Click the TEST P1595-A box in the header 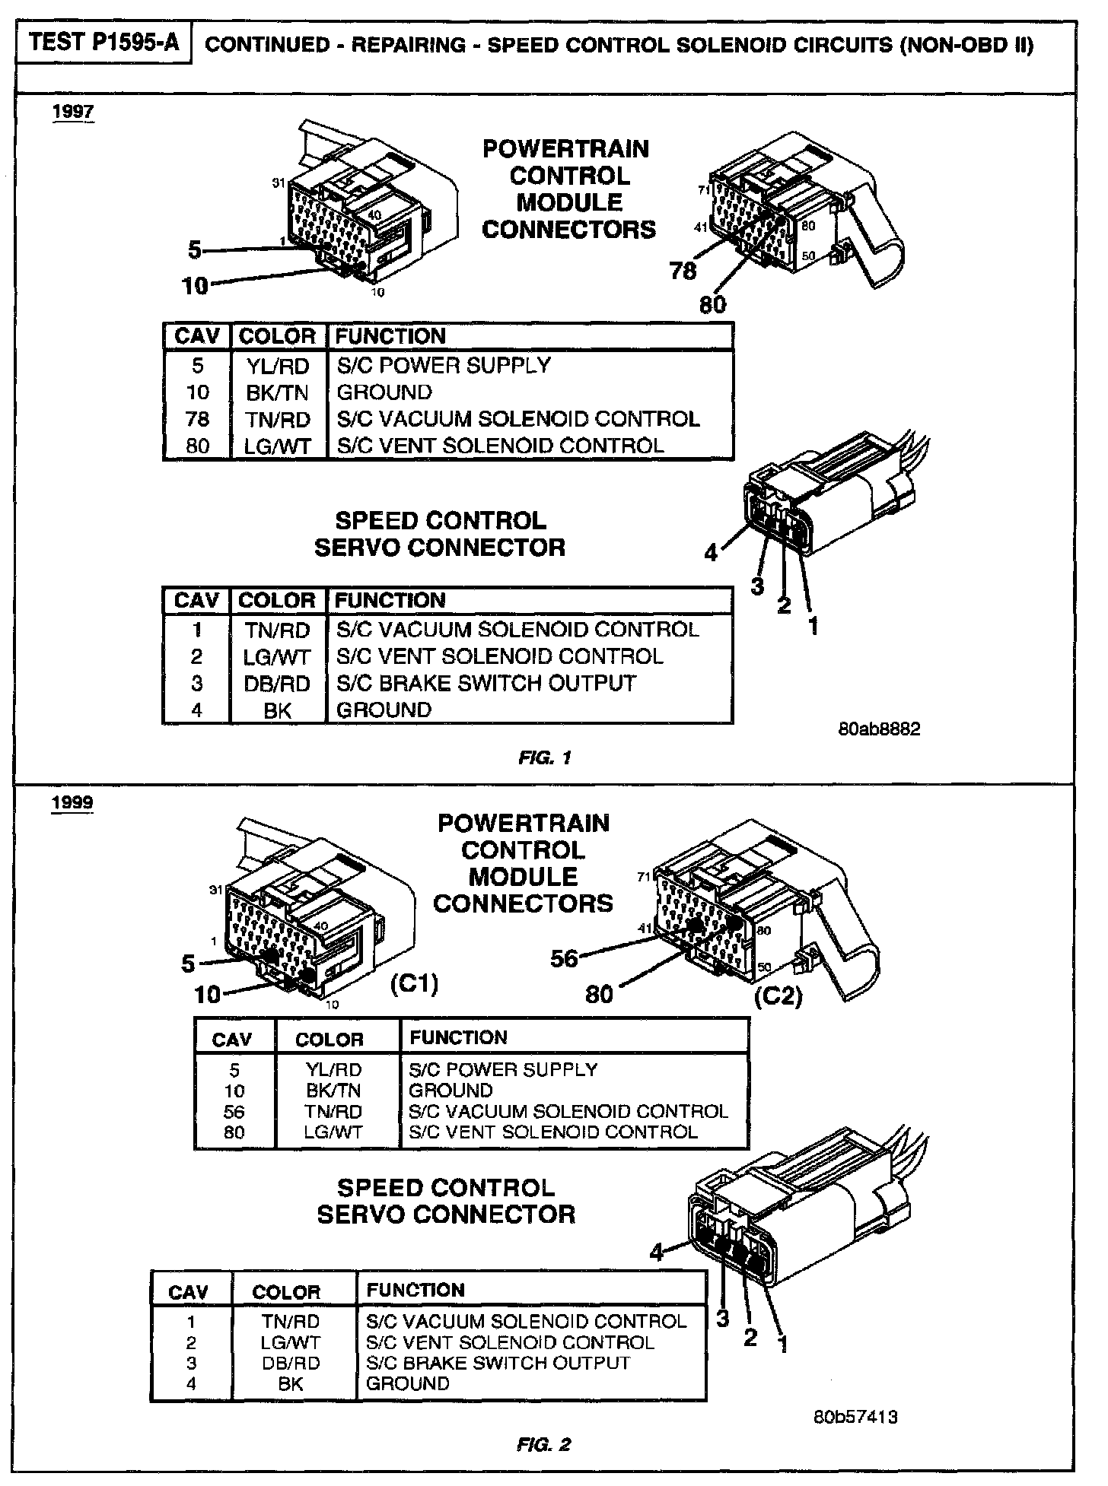click(105, 43)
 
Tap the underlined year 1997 click(73, 112)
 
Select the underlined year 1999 click(73, 803)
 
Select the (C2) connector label click(778, 995)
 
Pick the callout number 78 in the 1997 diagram click(683, 271)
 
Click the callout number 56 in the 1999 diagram click(565, 959)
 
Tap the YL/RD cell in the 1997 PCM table click(278, 366)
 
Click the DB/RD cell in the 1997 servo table click(277, 684)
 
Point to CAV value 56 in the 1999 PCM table click(234, 1111)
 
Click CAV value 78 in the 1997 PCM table click(197, 419)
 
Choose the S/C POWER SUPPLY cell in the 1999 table click(503, 1069)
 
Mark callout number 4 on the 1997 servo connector click(711, 553)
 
